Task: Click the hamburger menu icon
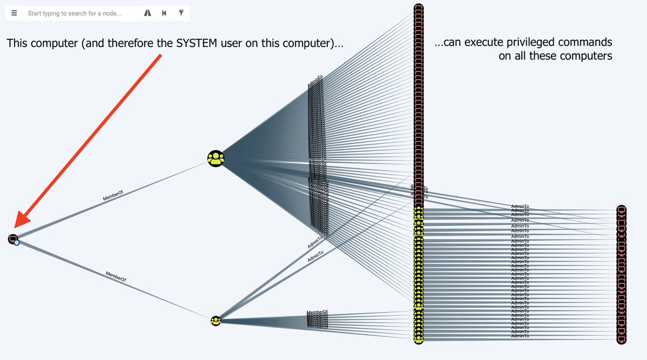[14, 13]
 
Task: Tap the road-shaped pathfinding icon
[147, 13]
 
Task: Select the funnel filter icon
[181, 13]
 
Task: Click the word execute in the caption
[484, 42]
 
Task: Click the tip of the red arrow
[17, 227]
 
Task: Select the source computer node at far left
[13, 238]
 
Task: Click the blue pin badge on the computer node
[17, 243]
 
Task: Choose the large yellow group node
[216, 158]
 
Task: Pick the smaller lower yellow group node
[216, 321]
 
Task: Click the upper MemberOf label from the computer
[113, 195]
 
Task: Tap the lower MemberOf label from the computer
[116, 278]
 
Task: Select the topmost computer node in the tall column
[418, 9]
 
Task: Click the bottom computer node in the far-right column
[621, 340]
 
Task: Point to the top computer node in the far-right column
[621, 210]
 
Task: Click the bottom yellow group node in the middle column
[418, 340]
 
